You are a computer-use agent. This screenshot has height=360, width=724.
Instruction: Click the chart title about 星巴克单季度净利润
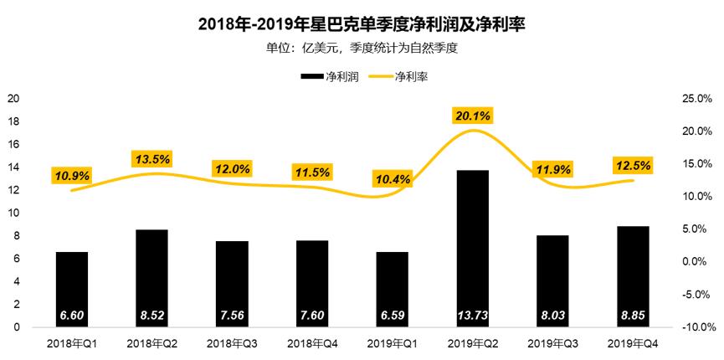point(362,23)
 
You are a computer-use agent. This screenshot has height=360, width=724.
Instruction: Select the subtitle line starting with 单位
point(362,48)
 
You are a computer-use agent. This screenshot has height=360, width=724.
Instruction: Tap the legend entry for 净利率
point(402,76)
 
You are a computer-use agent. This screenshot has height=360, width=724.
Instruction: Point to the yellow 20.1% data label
point(472,115)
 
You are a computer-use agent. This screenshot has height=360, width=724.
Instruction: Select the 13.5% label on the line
point(151,158)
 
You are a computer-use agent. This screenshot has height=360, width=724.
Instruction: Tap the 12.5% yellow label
point(632,165)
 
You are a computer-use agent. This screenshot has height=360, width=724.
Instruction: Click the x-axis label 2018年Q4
point(311,343)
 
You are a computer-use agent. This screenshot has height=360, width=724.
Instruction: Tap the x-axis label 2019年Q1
point(392,343)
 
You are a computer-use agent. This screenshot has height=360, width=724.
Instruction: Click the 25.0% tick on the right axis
point(697,99)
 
